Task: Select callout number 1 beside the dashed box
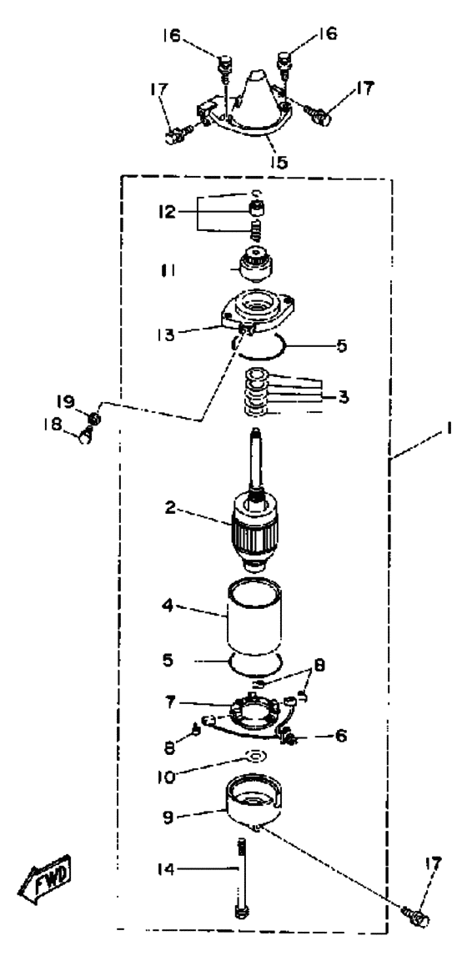(449, 430)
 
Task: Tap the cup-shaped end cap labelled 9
(254, 801)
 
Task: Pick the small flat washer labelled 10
(254, 755)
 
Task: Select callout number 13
(166, 335)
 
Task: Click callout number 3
(344, 397)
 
